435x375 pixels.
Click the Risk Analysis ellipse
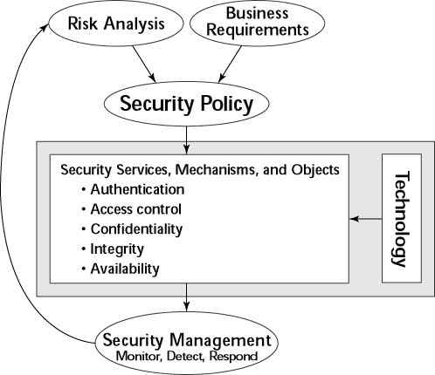pos(116,24)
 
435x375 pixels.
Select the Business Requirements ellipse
pos(257,23)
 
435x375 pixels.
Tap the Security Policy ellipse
pos(186,104)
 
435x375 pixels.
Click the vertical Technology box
pos(402,218)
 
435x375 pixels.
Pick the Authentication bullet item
pos(134,189)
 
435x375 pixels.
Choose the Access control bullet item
pos(132,209)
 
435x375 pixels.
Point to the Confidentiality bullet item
pos(133,229)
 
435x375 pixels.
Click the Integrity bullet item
pos(113,249)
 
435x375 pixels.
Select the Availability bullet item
pos(121,269)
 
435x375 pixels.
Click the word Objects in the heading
pos(315,169)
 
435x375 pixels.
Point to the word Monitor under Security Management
pos(139,356)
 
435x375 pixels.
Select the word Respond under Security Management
pos(233,356)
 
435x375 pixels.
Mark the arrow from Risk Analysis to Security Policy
pos(144,65)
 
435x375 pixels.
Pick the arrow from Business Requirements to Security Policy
pos(230,64)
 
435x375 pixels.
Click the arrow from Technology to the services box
pos(365,219)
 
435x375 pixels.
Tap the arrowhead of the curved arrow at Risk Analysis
pos(46,27)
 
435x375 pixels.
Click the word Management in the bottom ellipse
pos(220,340)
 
